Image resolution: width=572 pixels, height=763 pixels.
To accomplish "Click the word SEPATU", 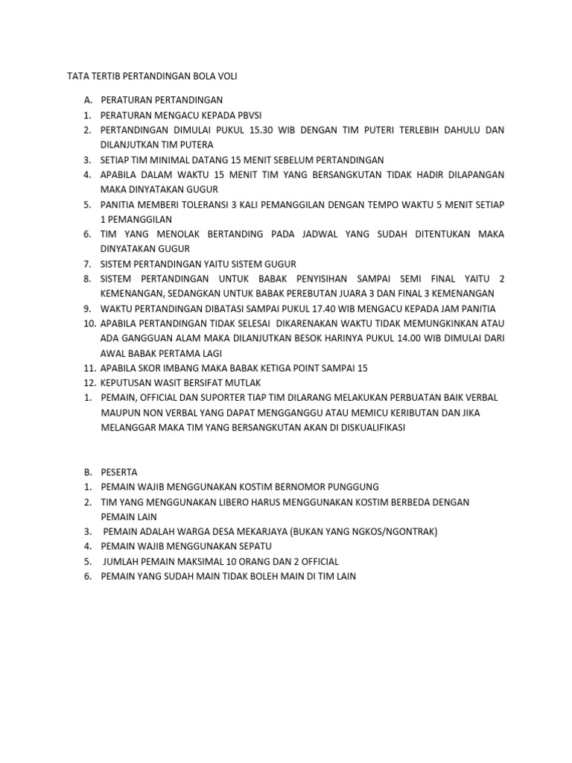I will pyautogui.click(x=250, y=546).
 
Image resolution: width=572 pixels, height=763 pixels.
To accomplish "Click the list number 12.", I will pyautogui.click(x=89, y=383).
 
